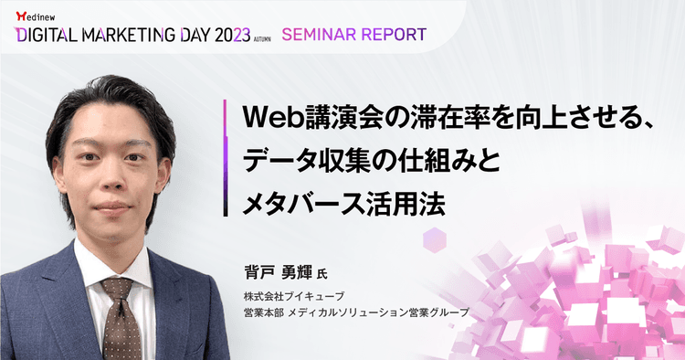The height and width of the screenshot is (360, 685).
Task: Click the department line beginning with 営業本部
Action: point(355,312)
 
